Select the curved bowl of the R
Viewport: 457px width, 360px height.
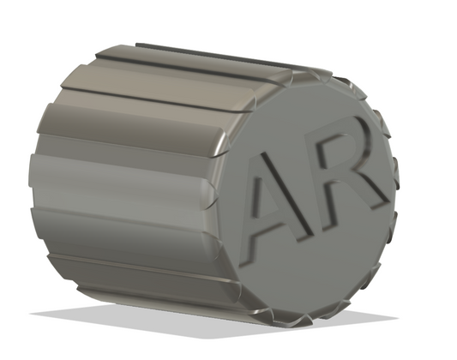point(356,144)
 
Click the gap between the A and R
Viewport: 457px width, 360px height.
point(313,184)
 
